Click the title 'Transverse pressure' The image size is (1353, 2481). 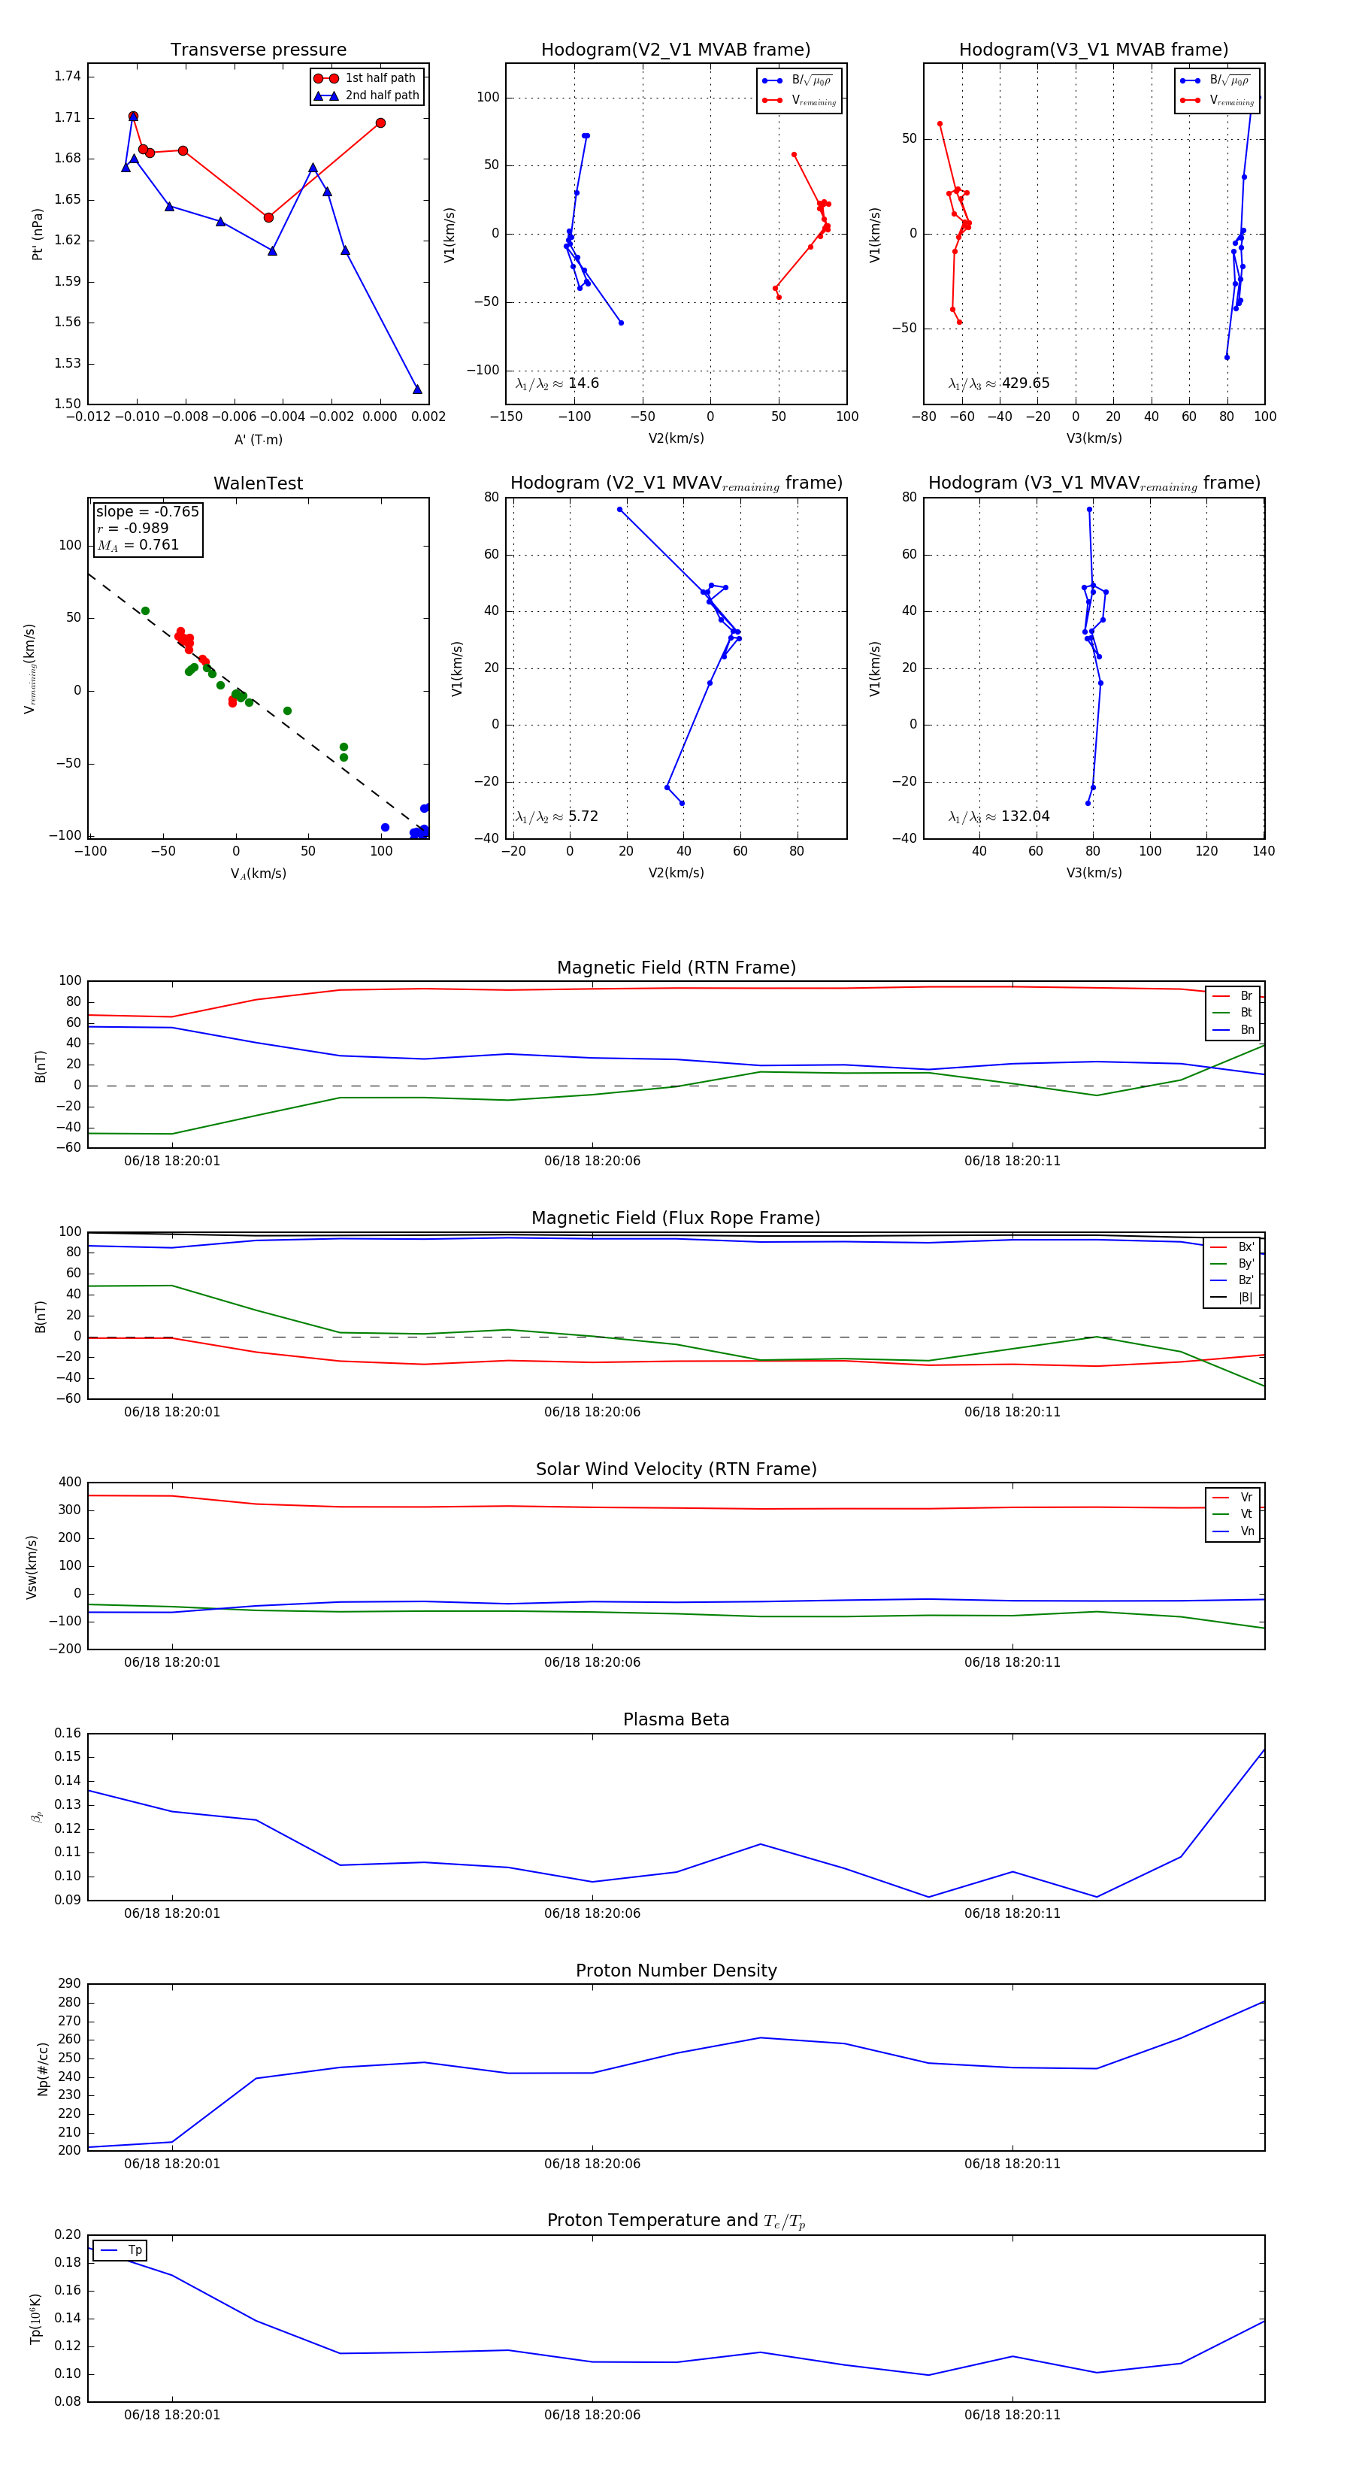pos(258,50)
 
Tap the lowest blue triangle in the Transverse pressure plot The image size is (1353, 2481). pos(417,389)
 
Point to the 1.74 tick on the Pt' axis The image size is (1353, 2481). pos(68,76)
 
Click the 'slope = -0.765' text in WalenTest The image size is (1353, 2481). pos(147,511)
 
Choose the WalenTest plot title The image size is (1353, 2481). pos(258,483)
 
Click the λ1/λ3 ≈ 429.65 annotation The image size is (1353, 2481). pos(999,383)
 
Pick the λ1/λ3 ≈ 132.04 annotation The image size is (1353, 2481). pos(999,816)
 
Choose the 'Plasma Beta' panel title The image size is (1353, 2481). pos(676,1720)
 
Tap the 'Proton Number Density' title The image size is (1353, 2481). pos(676,1971)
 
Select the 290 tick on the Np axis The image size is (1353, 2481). pos(69,1984)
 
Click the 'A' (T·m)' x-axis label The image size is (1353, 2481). pos(258,439)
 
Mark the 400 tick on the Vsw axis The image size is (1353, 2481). pos(69,1483)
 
